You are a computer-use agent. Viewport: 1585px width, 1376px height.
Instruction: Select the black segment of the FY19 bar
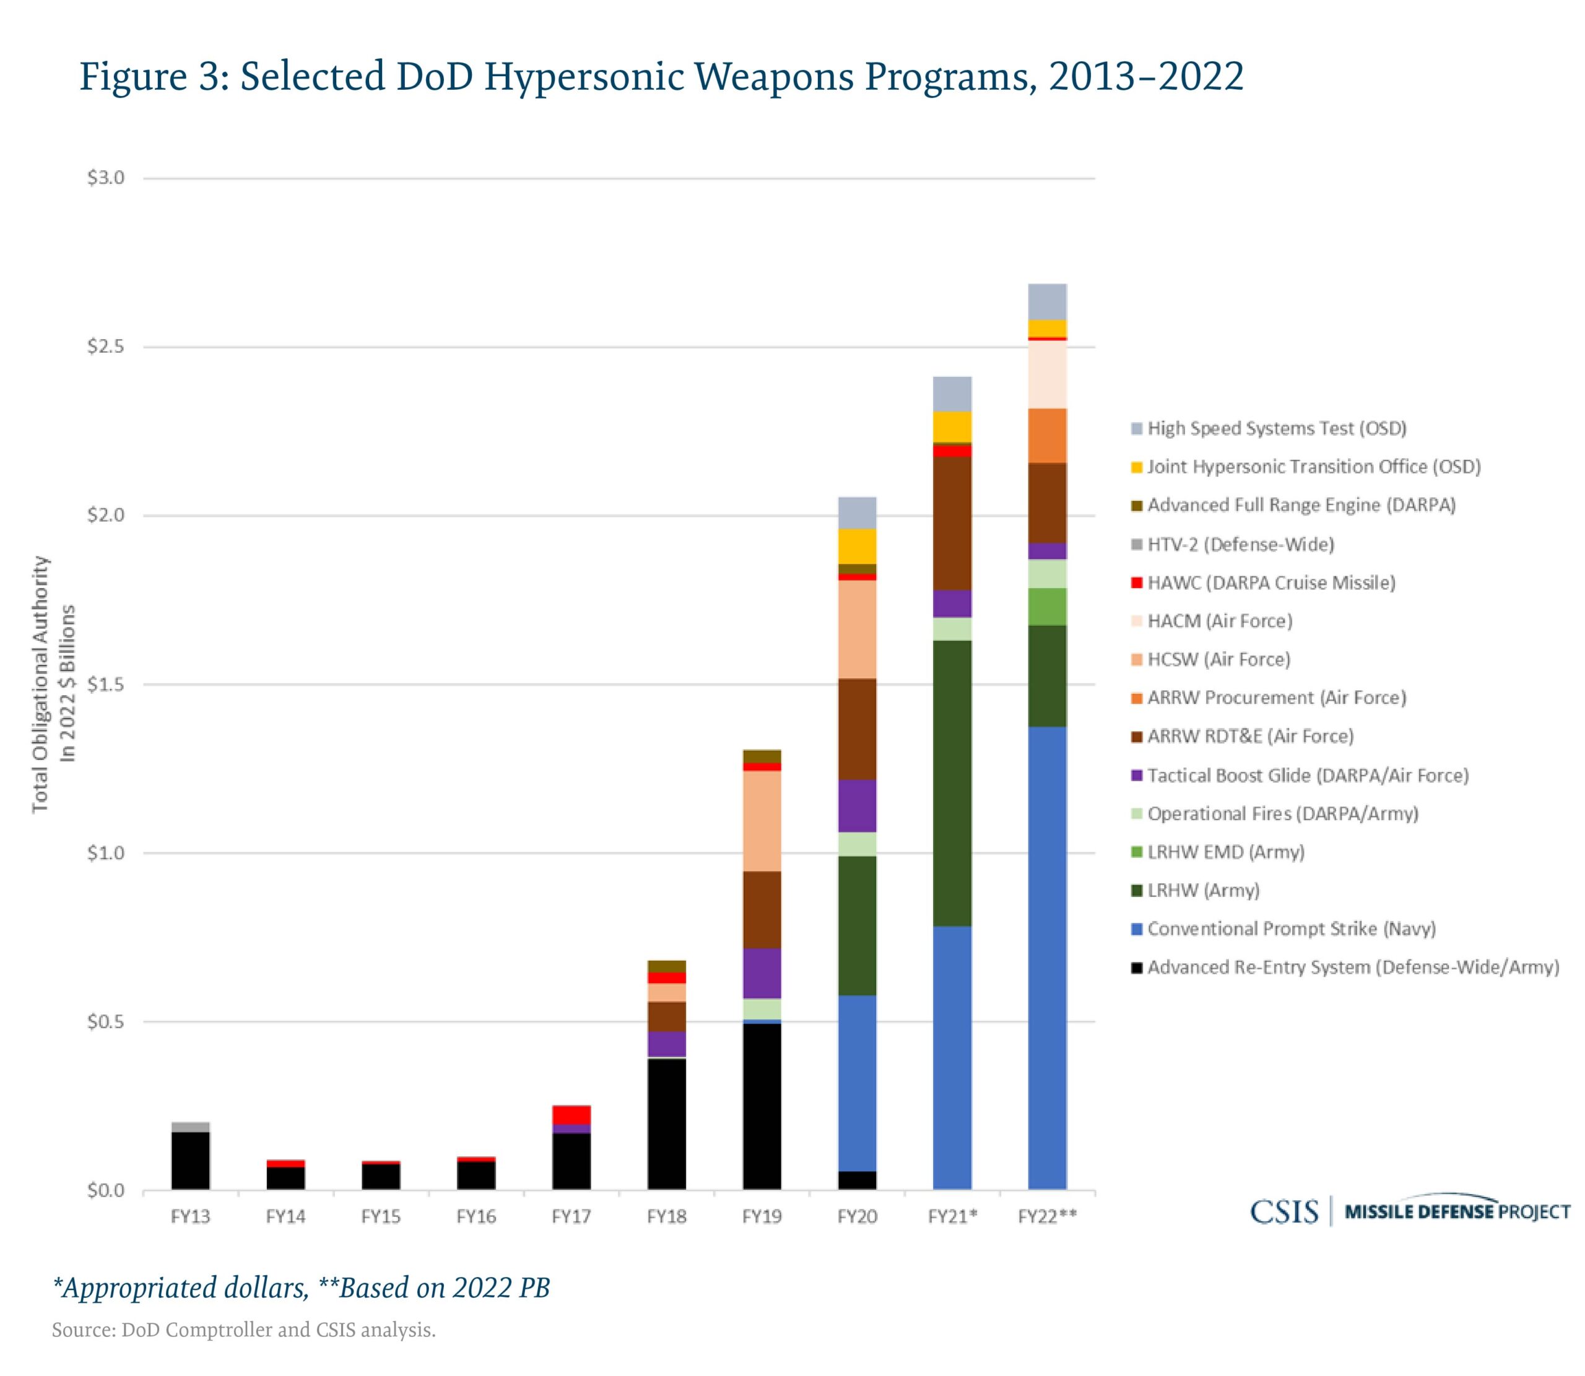pyautogui.click(x=762, y=1106)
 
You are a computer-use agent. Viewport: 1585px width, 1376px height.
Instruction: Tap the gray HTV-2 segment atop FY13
pyautogui.click(x=191, y=1127)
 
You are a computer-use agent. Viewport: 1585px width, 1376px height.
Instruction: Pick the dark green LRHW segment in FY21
pyautogui.click(x=952, y=782)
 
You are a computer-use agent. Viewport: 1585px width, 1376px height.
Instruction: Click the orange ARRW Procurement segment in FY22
pyautogui.click(x=1047, y=435)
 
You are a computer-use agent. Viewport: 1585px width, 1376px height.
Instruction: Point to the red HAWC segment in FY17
pyautogui.click(x=571, y=1114)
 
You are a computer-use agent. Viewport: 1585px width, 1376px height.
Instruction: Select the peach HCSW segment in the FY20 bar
pyautogui.click(x=857, y=629)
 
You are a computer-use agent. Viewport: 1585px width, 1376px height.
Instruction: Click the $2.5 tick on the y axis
pyautogui.click(x=105, y=347)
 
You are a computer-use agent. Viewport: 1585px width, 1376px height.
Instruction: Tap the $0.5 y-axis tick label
pyautogui.click(x=105, y=1022)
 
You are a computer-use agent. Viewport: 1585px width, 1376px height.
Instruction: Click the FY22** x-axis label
pyautogui.click(x=1048, y=1217)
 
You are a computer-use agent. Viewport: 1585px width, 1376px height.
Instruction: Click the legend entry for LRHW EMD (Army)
pyautogui.click(x=1225, y=852)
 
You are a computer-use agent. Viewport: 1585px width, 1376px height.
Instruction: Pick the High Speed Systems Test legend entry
pyautogui.click(x=1275, y=428)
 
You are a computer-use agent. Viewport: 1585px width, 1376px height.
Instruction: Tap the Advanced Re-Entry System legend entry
pyautogui.click(x=1352, y=967)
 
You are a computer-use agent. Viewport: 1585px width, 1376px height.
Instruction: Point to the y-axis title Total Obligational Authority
pyautogui.click(x=40, y=684)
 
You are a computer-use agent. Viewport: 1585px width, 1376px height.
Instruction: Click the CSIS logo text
pyautogui.click(x=1283, y=1213)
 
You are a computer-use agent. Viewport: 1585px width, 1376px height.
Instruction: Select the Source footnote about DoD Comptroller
pyautogui.click(x=243, y=1330)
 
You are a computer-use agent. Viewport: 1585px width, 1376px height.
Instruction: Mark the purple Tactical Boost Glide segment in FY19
pyautogui.click(x=762, y=973)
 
